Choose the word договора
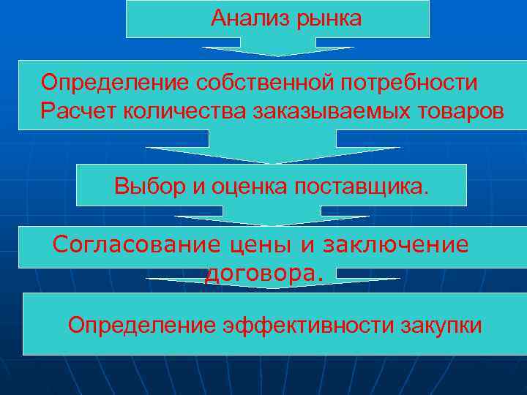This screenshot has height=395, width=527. click(263, 273)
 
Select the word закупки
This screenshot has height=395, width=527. click(442, 326)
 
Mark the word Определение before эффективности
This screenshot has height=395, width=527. click(142, 325)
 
